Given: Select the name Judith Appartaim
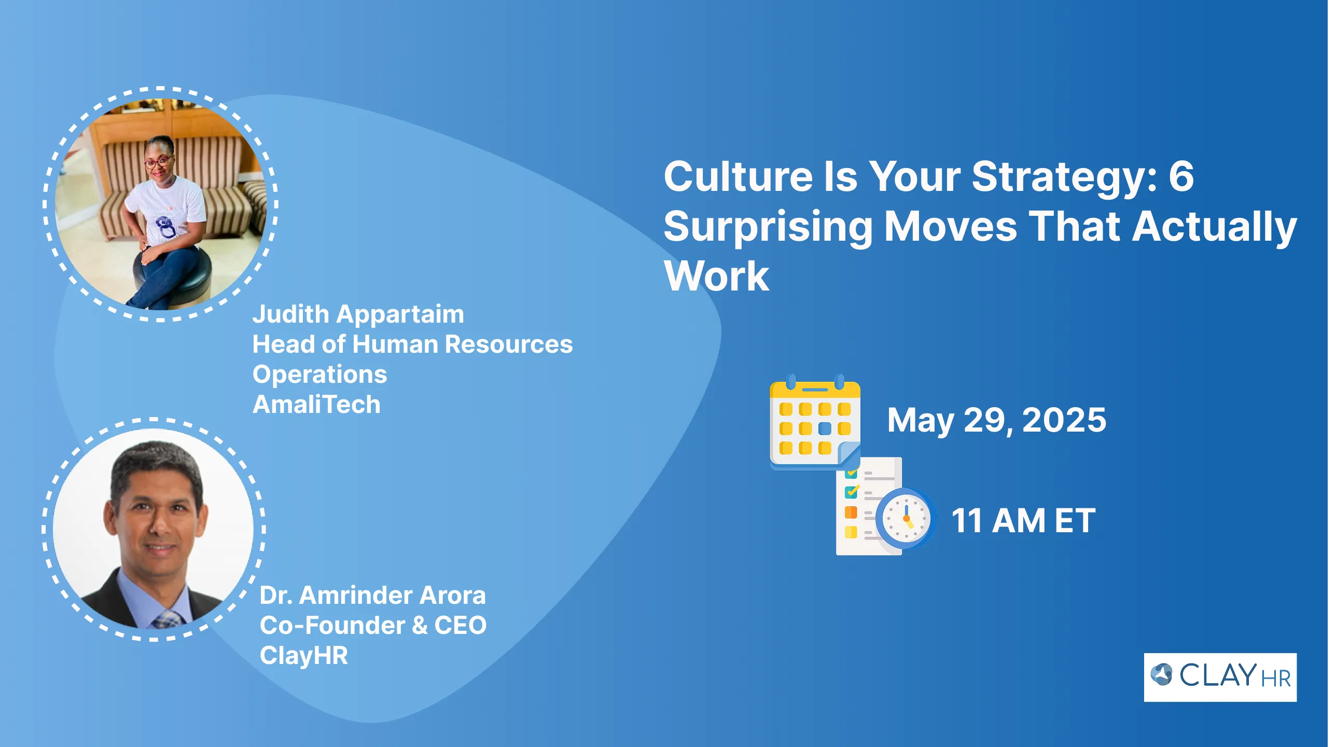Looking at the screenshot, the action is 358,314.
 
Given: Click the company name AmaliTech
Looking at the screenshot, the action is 316,405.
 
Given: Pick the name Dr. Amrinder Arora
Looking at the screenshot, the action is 373,596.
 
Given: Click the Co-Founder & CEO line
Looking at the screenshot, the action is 373,626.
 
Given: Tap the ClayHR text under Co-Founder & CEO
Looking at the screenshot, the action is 304,656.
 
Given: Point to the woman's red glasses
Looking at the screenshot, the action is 158,162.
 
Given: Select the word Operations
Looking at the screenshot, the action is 320,375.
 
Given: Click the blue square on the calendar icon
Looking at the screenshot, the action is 825,428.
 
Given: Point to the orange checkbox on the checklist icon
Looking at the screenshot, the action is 851,513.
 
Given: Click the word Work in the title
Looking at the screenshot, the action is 717,276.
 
